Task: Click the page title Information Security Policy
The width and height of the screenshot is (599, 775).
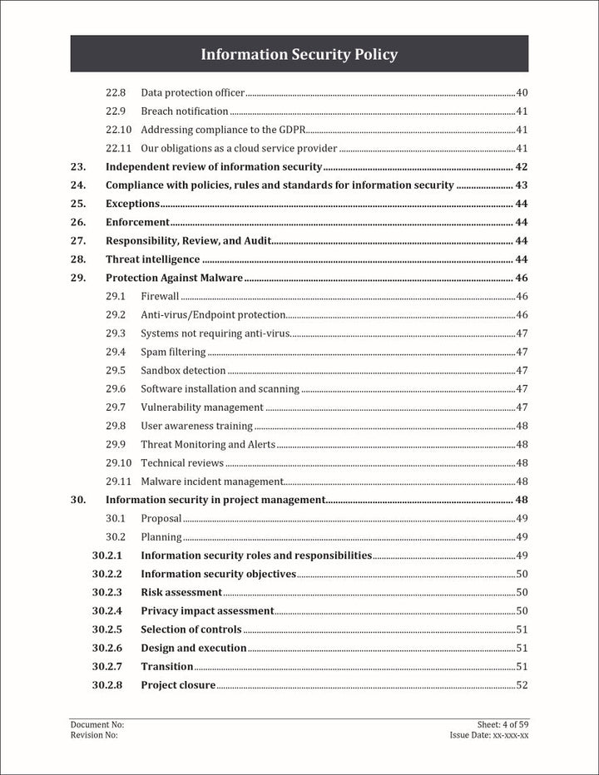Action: click(299, 55)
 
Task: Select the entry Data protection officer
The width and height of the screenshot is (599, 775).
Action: click(192, 92)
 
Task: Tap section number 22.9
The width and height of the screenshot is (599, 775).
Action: click(116, 111)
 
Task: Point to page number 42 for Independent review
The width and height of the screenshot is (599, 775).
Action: click(522, 167)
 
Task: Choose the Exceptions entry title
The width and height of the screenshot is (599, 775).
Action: click(132, 204)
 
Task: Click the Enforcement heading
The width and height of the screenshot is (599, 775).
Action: click(137, 222)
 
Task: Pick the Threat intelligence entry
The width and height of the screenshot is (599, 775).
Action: click(152, 259)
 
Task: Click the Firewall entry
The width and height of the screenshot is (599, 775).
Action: click(160, 296)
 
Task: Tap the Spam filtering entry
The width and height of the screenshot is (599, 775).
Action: click(173, 352)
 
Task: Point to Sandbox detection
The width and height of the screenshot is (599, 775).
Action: click(183, 370)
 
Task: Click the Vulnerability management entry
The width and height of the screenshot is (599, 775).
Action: click(202, 407)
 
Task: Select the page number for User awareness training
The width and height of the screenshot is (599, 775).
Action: click(522, 426)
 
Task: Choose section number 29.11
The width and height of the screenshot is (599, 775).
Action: click(119, 481)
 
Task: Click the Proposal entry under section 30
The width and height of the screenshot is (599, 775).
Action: click(161, 518)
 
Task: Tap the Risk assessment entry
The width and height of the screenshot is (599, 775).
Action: click(181, 592)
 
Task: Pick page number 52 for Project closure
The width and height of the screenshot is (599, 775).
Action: click(522, 685)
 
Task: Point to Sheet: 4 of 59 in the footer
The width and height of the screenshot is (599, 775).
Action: click(498, 725)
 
